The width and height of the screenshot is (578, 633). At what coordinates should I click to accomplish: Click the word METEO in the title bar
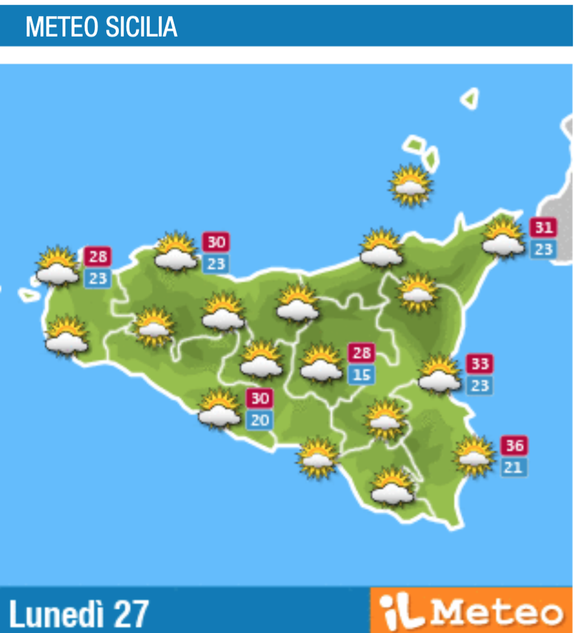point(59,27)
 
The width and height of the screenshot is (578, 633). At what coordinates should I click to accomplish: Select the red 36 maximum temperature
point(514,446)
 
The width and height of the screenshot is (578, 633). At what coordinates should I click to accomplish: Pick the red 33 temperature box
point(480,363)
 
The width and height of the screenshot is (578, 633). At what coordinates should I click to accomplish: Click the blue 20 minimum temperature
point(260,420)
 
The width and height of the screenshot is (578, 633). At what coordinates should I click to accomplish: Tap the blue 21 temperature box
point(514,467)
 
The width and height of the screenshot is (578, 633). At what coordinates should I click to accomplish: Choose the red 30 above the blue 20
point(260,398)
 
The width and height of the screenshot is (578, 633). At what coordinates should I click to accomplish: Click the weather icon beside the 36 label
point(474,455)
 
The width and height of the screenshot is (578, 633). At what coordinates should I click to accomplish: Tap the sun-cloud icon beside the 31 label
point(503,238)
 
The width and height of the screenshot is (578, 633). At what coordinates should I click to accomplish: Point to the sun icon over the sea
point(411,185)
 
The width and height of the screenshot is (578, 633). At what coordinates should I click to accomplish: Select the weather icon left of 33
point(439,375)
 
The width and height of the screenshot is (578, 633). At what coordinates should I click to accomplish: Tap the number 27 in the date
point(131,613)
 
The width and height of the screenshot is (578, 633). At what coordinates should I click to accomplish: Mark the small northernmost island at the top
point(470,99)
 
